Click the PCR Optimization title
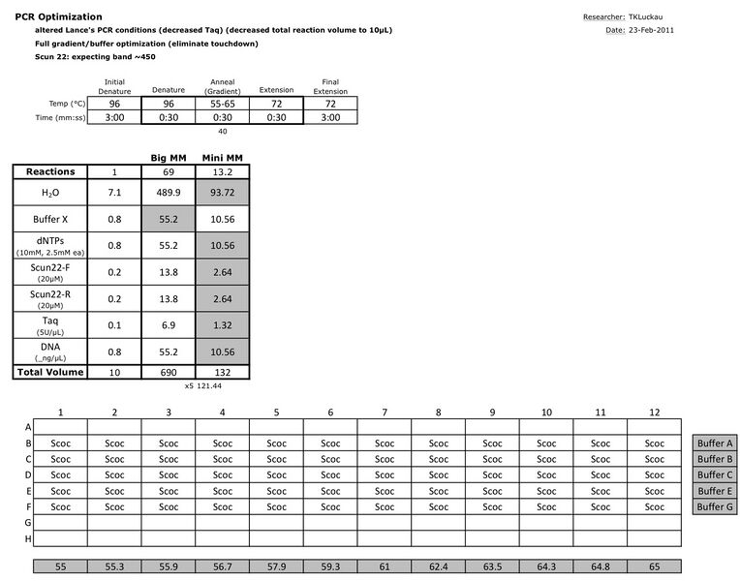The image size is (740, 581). point(58,17)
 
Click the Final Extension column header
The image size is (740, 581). point(330,87)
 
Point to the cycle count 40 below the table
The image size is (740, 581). point(223,131)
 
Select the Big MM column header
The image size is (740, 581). point(169,157)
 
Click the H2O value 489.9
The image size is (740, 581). point(169,193)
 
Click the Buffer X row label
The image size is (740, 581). point(50,219)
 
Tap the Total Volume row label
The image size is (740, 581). point(50,371)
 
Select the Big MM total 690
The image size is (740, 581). point(169,371)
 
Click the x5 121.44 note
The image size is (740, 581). point(203,385)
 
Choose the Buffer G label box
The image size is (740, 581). point(716,506)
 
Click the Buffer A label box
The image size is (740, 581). point(716,443)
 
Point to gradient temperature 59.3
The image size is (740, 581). point(330,566)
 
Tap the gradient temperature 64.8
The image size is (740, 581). point(601,566)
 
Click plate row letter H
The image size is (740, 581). point(28,538)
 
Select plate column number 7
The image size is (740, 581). point(385,412)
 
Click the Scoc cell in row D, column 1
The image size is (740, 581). point(61,475)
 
